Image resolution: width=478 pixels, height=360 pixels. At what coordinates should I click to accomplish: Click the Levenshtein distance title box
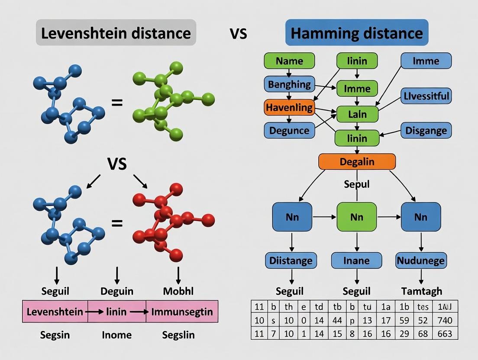coord(116,32)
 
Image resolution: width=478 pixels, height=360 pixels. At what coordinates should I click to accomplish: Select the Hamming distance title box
coord(356,32)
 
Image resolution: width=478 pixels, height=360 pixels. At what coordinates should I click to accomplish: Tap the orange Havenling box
coord(288,107)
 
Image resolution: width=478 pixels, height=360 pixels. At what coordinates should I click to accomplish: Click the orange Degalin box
coord(357,161)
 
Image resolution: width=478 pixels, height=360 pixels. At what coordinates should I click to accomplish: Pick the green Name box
coord(289,61)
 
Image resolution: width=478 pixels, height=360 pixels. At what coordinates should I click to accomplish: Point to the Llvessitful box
coord(426,96)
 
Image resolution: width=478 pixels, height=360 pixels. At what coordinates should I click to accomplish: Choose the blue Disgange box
coord(426,130)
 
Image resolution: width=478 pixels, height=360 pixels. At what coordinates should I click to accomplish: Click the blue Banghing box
coord(289,84)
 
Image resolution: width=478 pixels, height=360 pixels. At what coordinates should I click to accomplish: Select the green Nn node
coord(357,216)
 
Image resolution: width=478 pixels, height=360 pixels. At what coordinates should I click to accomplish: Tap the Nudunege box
coord(421,261)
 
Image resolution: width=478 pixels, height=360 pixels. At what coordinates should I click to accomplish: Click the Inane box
coord(356,261)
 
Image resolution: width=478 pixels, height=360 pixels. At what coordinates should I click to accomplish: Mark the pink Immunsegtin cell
coord(182,312)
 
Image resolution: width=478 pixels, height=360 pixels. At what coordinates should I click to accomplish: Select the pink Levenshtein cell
coord(55,312)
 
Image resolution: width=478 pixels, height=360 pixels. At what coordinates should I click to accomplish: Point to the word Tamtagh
coord(421,291)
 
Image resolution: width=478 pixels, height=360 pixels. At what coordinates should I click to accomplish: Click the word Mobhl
coord(178,291)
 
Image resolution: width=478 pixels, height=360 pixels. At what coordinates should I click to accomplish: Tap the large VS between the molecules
coord(117,164)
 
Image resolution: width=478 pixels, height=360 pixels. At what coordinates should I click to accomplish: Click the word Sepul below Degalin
coord(357,184)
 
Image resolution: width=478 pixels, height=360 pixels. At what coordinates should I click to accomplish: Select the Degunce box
coord(289,130)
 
